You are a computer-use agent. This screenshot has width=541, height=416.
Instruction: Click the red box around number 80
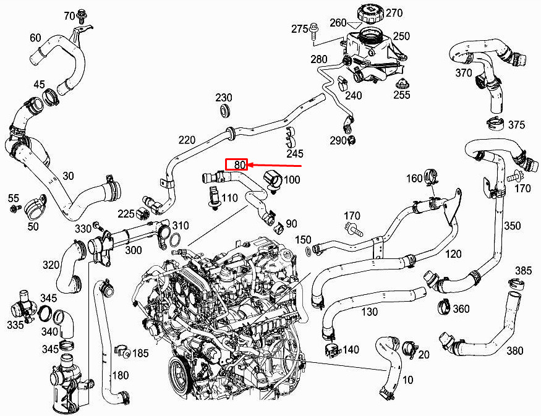point(237,164)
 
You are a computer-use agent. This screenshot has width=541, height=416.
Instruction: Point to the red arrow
point(275,166)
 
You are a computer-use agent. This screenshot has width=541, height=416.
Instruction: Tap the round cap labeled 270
point(370,14)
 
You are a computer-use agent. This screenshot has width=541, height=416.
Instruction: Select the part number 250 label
point(402,36)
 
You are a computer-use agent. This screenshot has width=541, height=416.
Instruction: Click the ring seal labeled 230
point(226,111)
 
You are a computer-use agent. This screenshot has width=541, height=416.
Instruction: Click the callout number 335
point(15,325)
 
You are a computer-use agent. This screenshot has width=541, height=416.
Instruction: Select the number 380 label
point(515,351)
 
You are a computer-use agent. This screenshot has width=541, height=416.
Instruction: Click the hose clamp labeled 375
point(496,124)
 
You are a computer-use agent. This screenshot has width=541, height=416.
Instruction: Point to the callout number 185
point(140,353)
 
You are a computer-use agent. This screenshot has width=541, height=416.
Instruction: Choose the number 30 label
point(68,176)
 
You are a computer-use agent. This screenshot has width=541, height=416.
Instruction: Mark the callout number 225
point(126,214)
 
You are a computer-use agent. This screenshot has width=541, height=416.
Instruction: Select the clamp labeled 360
point(445,307)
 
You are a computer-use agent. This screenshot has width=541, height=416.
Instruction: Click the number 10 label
point(408,380)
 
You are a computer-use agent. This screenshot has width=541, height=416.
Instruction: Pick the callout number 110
point(229,198)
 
